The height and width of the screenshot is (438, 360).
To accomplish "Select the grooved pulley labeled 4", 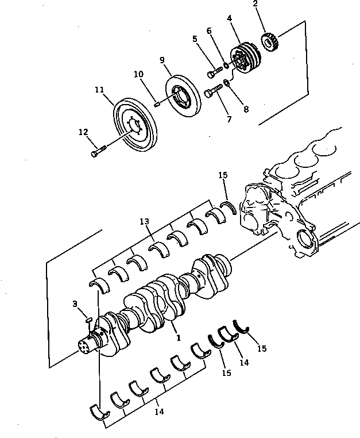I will pos(246,58).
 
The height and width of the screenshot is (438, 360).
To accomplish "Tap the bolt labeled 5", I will pos(214,72).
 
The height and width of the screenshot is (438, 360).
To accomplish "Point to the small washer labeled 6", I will pos(227,66).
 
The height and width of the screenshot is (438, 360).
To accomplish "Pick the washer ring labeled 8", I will pos(227,84).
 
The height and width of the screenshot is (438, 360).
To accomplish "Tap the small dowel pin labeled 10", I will pos(156,103).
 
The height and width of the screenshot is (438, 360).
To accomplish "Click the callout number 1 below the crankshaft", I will pos(179,338).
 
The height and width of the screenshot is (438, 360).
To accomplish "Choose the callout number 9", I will pos(162,59).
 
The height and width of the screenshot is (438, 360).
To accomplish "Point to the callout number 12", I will pos(83,132).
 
